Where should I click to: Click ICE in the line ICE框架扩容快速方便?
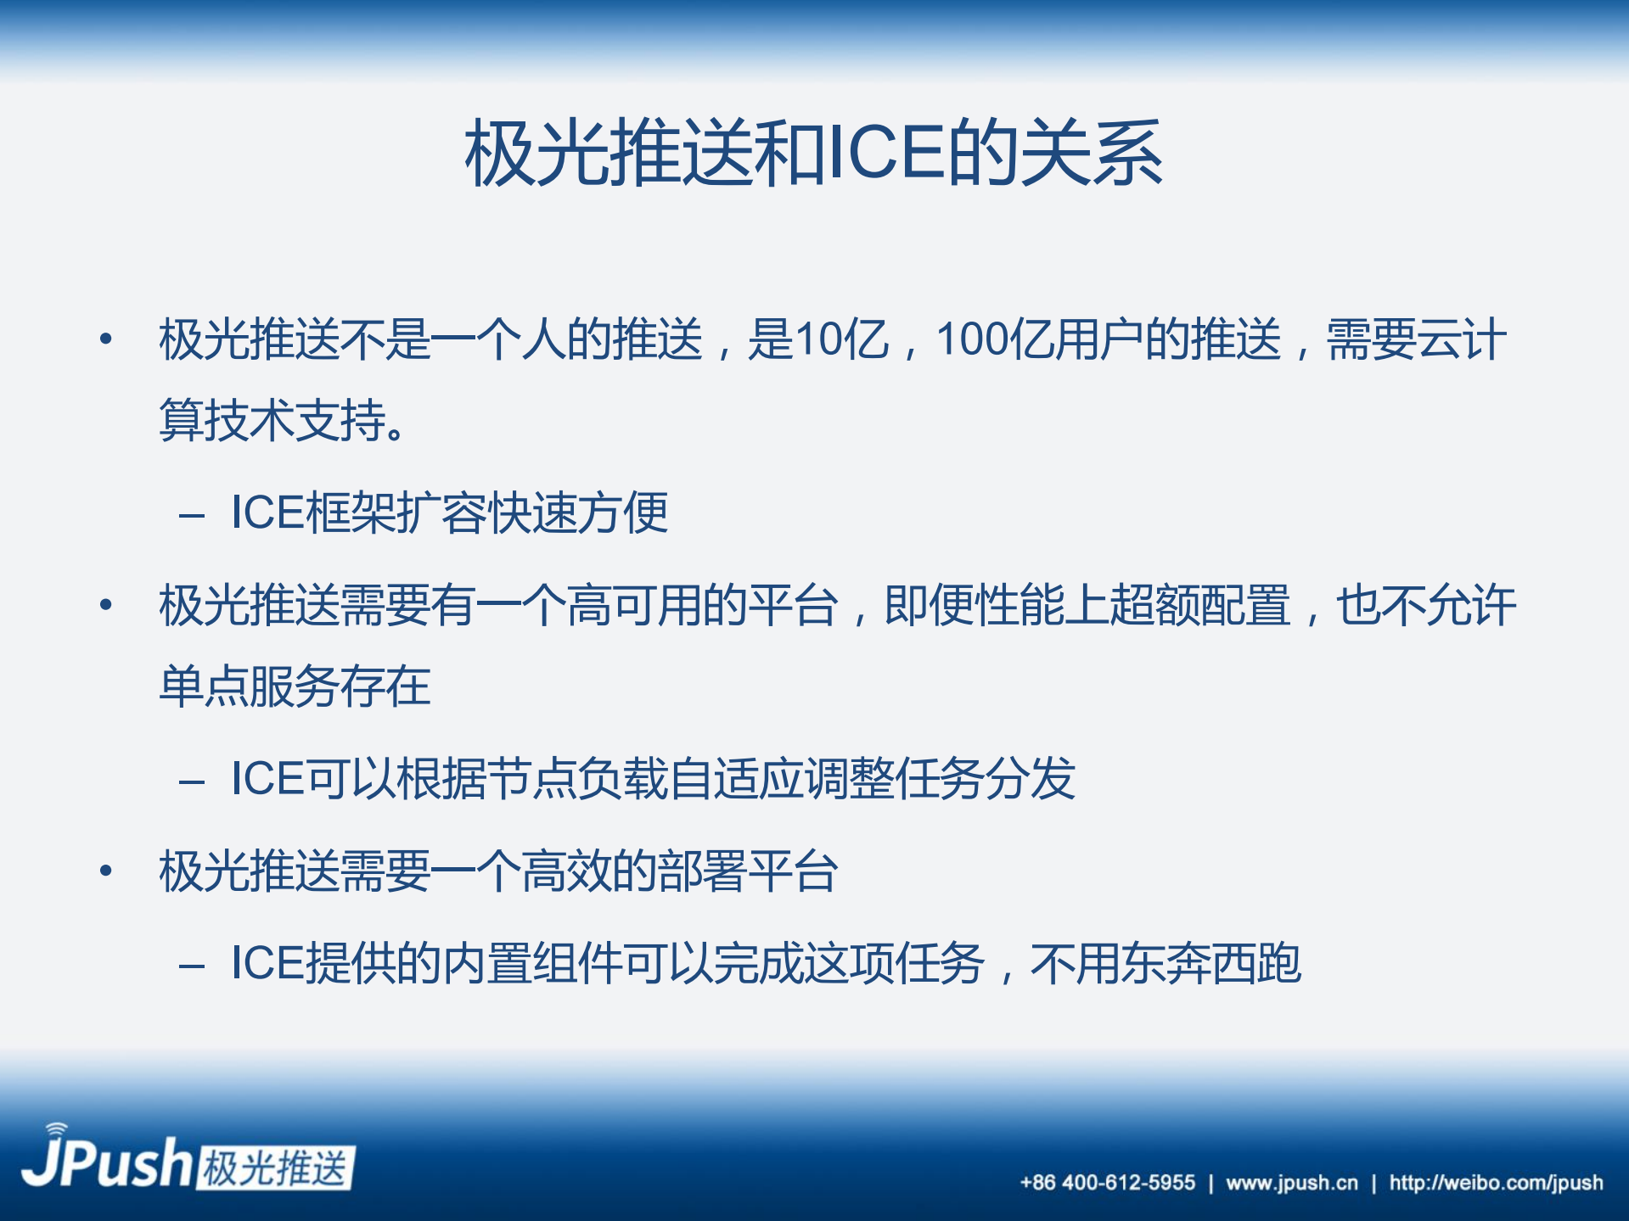click(x=267, y=512)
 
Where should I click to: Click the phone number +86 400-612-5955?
click(x=1107, y=1182)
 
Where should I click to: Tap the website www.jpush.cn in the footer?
click(x=1291, y=1182)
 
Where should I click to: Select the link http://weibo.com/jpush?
click(x=1496, y=1182)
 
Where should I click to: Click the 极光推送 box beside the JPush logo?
click(x=276, y=1168)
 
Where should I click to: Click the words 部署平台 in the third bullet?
click(x=749, y=871)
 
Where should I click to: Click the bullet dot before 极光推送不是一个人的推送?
click(x=106, y=339)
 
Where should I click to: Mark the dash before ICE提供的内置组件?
click(x=192, y=966)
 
